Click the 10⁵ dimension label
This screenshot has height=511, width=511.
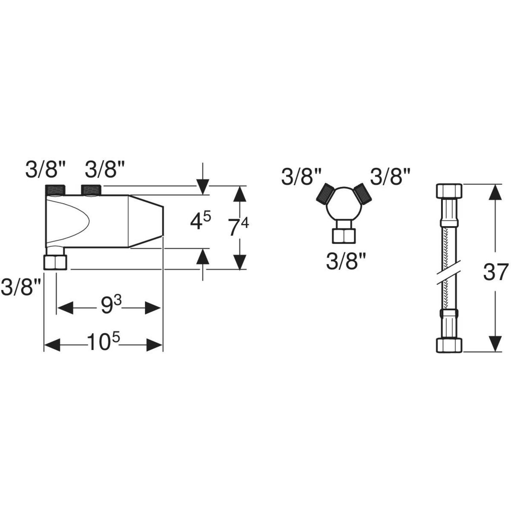click(103, 342)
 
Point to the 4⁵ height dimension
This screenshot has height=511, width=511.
click(201, 223)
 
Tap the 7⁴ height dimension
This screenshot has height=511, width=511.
click(238, 227)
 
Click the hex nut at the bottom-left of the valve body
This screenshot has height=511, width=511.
click(55, 262)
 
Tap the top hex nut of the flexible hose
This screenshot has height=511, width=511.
click(449, 191)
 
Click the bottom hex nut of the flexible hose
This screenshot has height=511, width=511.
click(449, 345)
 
